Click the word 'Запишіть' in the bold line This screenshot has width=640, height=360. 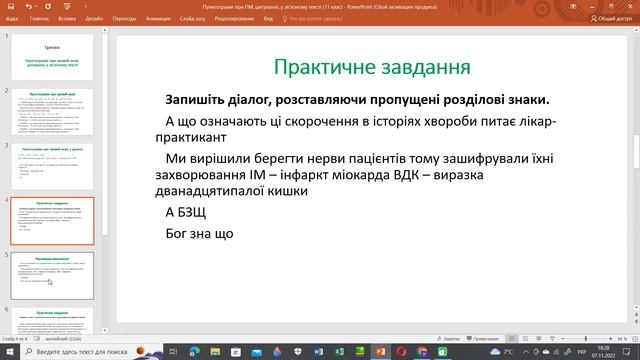[x=198, y=100]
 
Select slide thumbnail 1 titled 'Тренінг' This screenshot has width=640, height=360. [x=58, y=58]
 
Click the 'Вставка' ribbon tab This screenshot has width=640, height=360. [x=67, y=18]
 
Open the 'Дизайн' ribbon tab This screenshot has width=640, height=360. [x=93, y=18]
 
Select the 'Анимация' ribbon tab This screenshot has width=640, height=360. [x=156, y=18]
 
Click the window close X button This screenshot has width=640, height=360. [x=630, y=5]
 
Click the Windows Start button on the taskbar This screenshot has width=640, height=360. [x=8, y=352]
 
